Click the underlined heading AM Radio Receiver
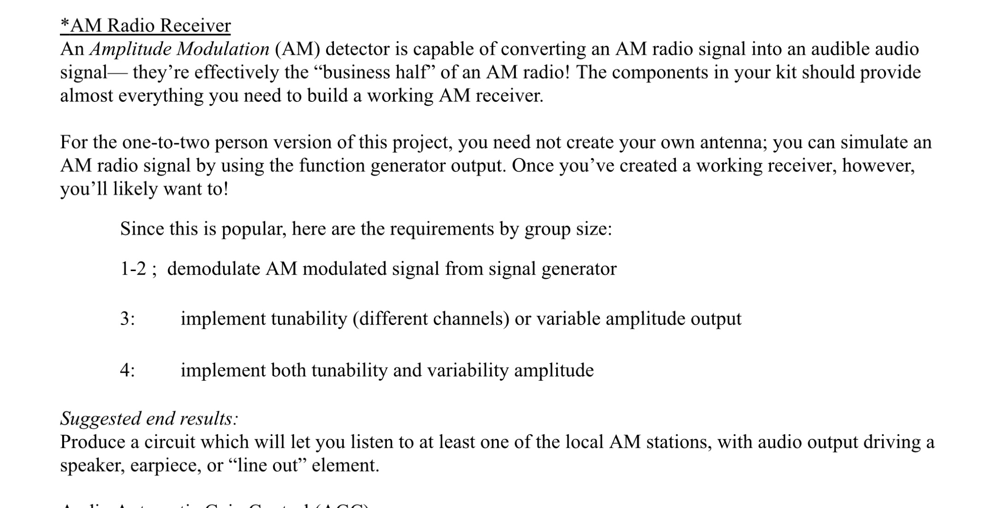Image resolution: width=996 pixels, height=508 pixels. [x=145, y=25]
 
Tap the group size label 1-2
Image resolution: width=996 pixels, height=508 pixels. [x=133, y=269]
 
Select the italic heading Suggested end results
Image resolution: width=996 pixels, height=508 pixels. [x=149, y=419]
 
